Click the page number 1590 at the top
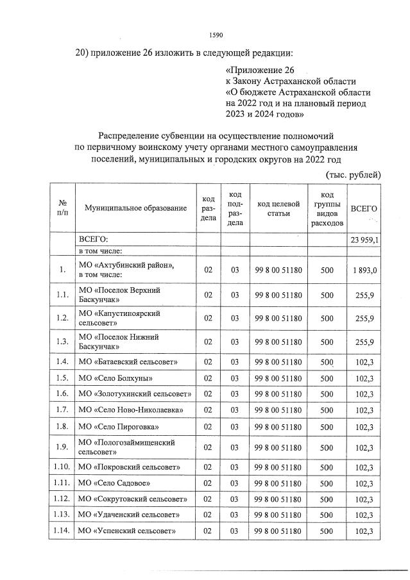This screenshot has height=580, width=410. (x=216, y=35)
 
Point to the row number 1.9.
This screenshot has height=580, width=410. (x=62, y=447)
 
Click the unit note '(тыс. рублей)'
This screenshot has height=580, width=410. (x=354, y=174)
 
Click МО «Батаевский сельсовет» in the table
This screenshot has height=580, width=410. (x=127, y=362)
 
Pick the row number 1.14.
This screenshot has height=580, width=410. (x=62, y=531)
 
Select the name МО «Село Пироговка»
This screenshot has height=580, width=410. (x=119, y=426)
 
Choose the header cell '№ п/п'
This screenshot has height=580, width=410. (x=62, y=208)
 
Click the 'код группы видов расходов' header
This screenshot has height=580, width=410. (x=327, y=209)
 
